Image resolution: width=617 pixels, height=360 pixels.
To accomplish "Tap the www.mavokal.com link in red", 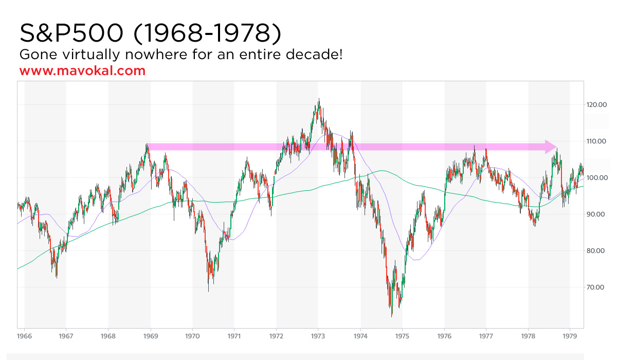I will click(x=82, y=71).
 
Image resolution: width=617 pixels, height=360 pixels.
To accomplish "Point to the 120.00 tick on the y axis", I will click(x=597, y=105).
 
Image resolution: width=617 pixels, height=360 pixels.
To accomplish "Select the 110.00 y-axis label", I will click(x=597, y=141).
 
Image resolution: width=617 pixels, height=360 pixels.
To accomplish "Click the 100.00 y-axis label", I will click(x=597, y=178).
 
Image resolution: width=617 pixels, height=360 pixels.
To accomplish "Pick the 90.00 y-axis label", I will click(x=597, y=214).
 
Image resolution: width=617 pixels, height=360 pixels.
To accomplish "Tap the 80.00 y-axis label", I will click(x=597, y=251).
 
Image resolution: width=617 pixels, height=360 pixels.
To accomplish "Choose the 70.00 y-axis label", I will click(x=597, y=287).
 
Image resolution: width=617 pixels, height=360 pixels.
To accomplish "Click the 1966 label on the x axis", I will click(x=24, y=336).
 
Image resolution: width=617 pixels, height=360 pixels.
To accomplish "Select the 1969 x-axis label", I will click(x=150, y=336).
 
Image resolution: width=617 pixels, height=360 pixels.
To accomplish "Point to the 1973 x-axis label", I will click(x=318, y=336).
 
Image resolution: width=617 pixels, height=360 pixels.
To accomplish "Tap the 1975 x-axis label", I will click(x=402, y=336).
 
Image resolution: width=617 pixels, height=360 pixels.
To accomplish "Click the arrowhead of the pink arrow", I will click(x=551, y=147).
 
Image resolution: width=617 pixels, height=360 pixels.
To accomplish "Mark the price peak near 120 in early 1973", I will click(x=319, y=100).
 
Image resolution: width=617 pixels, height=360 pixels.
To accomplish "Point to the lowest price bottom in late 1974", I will click(x=392, y=315).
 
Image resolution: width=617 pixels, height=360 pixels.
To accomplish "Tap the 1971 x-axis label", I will click(x=234, y=336).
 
